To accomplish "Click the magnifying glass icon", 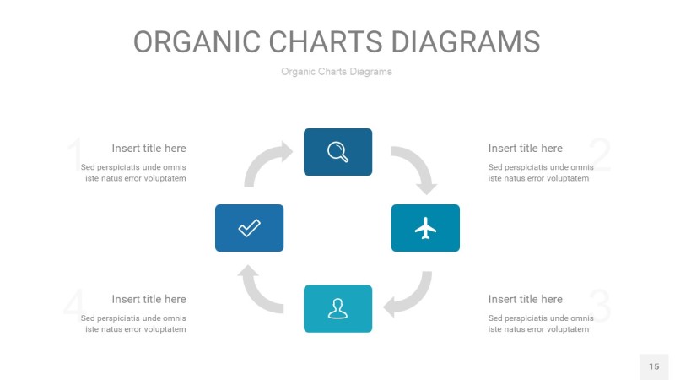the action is pyautogui.click(x=338, y=152).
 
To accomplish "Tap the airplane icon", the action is pyautogui.click(x=425, y=228).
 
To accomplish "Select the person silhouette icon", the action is pyautogui.click(x=338, y=308).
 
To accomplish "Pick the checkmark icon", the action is pyautogui.click(x=249, y=228).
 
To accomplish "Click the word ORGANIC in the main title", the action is pyautogui.click(x=197, y=41).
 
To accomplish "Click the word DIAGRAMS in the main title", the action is pyautogui.click(x=466, y=41).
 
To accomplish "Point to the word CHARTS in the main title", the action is pyautogui.click(x=326, y=41).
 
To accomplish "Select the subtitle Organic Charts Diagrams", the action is pyautogui.click(x=337, y=72).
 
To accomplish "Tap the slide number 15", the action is pyautogui.click(x=654, y=366).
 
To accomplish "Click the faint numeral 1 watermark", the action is pyautogui.click(x=76, y=155).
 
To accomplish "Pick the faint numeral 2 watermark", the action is pyautogui.click(x=601, y=155).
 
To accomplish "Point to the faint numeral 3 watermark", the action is pyautogui.click(x=601, y=305).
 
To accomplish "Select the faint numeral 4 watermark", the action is pyautogui.click(x=75, y=305).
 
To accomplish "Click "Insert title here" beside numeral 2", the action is pyautogui.click(x=525, y=149).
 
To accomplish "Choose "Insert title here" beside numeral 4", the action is pyautogui.click(x=149, y=299).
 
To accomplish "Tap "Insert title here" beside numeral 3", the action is pyautogui.click(x=525, y=299).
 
